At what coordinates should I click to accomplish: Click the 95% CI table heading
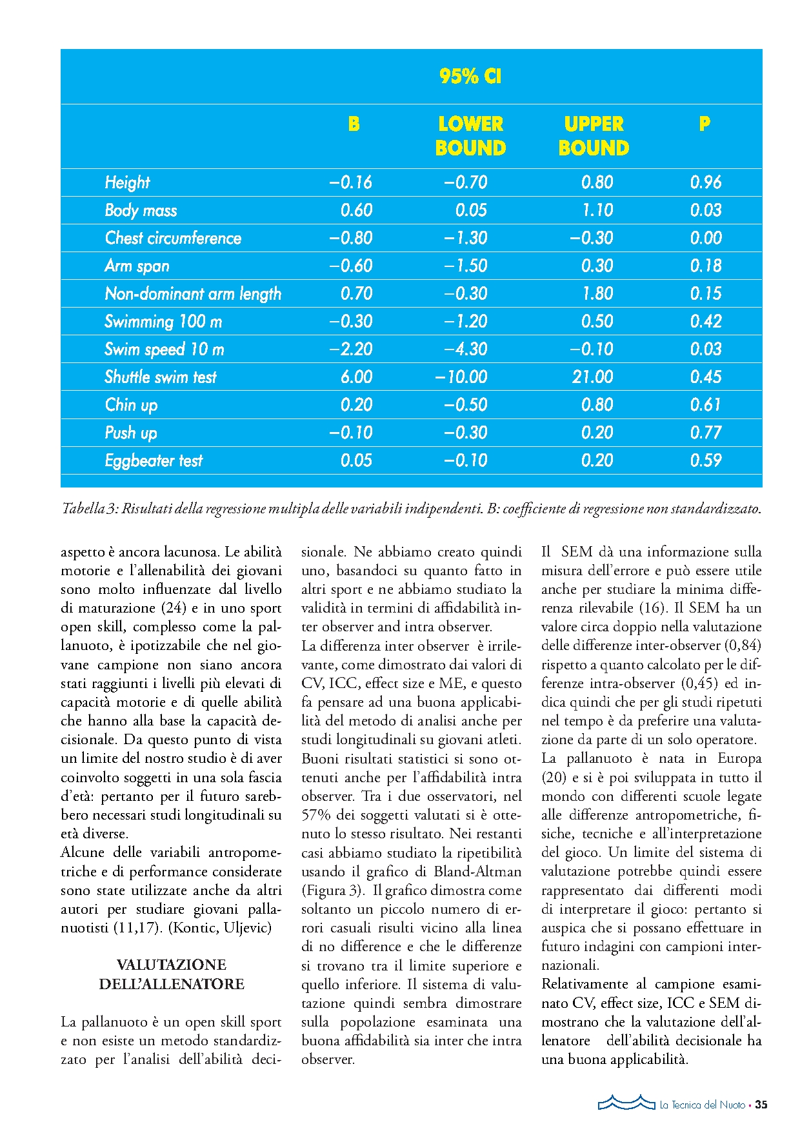(470, 77)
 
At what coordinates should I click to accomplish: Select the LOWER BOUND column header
(470, 136)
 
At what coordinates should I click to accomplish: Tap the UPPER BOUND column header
(594, 136)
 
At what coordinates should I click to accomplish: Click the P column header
(705, 124)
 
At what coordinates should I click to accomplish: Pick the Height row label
(127, 183)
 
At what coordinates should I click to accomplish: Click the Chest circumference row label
(173, 239)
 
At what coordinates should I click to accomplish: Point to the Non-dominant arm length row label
(193, 294)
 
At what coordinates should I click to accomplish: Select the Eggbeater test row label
(154, 461)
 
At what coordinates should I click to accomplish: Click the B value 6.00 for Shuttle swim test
(356, 377)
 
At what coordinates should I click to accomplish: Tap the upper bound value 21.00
(592, 377)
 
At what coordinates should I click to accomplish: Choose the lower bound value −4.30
(465, 349)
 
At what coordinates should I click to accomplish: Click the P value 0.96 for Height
(706, 182)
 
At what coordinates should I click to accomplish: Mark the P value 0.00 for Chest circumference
(706, 239)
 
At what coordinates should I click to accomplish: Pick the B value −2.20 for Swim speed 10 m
(351, 349)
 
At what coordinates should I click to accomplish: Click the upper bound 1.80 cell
(597, 294)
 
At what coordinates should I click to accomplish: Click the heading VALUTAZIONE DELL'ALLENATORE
(172, 974)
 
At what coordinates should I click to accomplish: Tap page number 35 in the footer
(761, 1105)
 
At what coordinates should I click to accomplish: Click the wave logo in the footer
(626, 1103)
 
